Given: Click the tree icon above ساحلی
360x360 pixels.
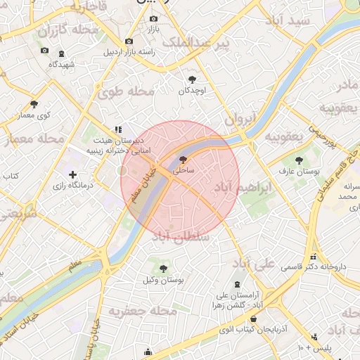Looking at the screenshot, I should point(184,160).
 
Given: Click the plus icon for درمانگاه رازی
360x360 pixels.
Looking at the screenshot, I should point(72,174).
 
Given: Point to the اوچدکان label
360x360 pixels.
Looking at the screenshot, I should point(193,91).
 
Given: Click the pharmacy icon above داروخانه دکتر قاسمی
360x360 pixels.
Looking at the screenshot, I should point(312,257).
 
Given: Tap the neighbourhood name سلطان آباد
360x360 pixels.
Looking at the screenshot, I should point(186,238).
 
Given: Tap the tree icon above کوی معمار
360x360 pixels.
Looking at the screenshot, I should point(34,104).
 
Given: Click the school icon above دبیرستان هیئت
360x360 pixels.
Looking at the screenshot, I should point(119,129).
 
